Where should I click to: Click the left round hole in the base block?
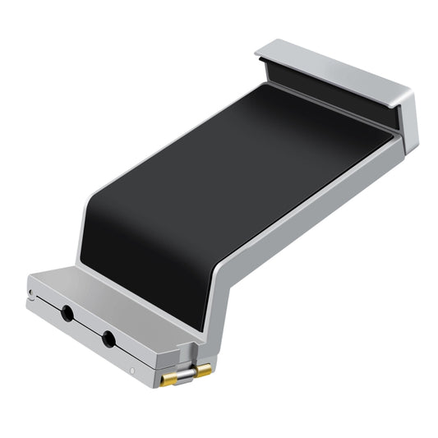click(x=65, y=312)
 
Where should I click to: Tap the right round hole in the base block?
click(x=107, y=336)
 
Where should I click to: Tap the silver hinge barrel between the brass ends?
click(x=187, y=374)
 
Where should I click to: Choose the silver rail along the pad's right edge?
click(x=320, y=205)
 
